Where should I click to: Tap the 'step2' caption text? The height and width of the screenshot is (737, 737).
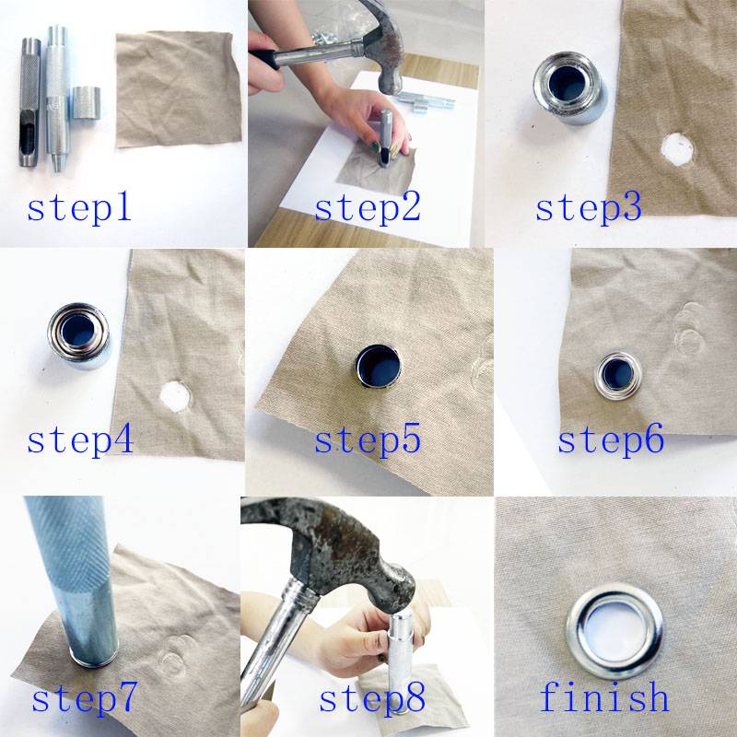tap(368, 208)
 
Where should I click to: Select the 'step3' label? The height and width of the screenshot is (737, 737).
tap(589, 208)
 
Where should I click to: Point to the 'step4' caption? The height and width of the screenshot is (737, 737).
tap(80, 440)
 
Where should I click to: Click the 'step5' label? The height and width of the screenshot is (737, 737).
tap(368, 440)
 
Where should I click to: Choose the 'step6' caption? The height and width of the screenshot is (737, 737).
tap(611, 439)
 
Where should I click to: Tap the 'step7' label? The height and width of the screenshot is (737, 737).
tap(85, 697)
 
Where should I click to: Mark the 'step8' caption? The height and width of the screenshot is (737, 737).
tap(372, 697)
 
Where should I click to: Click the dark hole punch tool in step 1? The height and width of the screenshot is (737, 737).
tap(29, 102)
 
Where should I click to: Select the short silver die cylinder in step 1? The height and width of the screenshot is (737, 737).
tap(86, 102)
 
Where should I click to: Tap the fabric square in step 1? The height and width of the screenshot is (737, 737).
tap(178, 88)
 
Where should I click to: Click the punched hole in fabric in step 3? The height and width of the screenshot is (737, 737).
tap(677, 149)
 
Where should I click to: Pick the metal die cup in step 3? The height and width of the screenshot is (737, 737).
tap(569, 88)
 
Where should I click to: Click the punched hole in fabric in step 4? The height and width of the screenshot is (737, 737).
tap(175, 396)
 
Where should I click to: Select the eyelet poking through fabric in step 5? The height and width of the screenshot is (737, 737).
tap(378, 366)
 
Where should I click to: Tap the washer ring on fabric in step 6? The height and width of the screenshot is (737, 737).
tap(617, 375)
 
